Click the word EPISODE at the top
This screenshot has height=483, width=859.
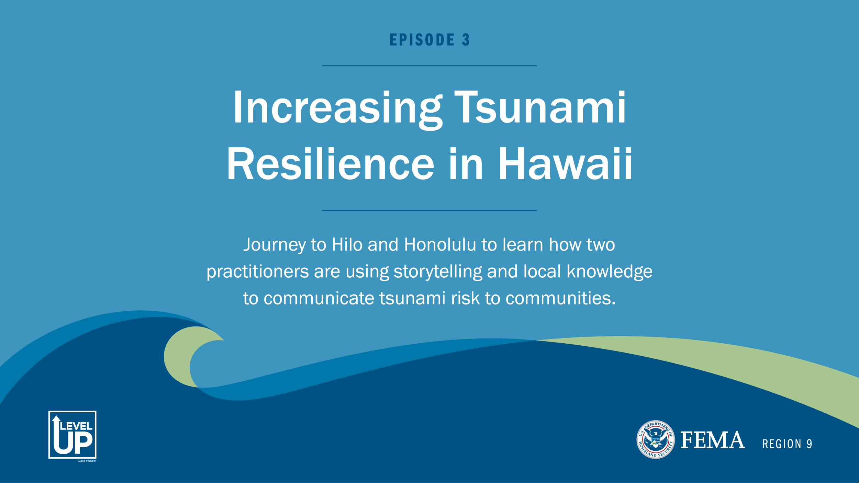[422, 40]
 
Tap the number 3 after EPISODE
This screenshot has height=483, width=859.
[466, 40]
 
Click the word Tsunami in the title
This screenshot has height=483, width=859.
[540, 107]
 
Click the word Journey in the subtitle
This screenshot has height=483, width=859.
[274, 245]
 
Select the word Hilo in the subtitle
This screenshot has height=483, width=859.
[347, 245]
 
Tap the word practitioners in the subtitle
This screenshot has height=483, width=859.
[257, 272]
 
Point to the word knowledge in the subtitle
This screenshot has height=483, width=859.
[609, 272]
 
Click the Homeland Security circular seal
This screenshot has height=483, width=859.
[656, 439]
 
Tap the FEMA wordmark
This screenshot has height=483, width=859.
[713, 440]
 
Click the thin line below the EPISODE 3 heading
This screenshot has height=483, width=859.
[429, 66]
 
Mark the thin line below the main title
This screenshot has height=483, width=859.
[429, 210]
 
